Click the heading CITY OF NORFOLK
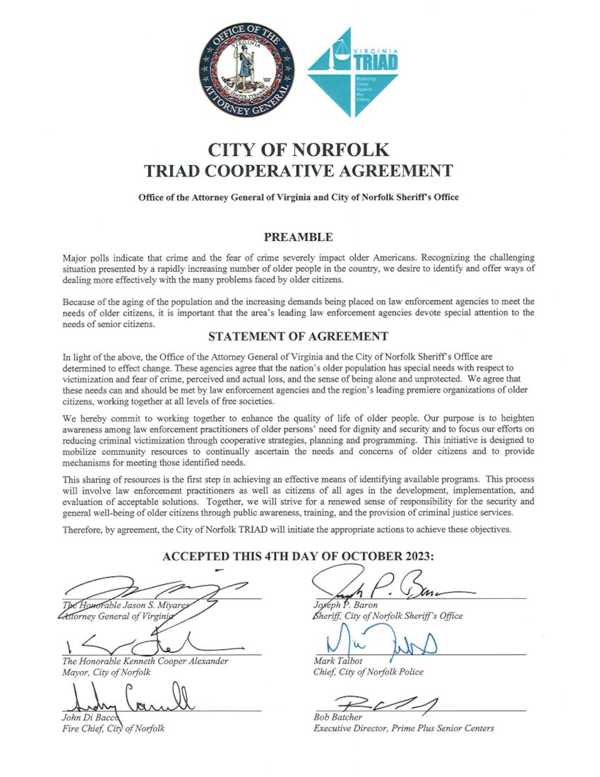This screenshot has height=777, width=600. point(299,150)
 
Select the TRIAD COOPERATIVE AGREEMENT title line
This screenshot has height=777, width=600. point(299,170)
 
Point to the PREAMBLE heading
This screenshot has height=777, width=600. point(298,237)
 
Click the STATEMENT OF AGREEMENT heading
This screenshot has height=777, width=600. point(299,337)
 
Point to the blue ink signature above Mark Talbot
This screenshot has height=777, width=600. point(373,644)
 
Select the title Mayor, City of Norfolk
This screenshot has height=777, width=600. point(103,672)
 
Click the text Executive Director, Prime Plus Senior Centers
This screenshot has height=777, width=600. point(404,728)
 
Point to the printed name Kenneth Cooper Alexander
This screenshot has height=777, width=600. point(176,662)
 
